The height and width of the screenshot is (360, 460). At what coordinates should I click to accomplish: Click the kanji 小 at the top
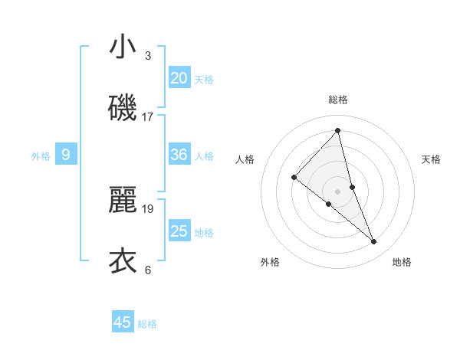click(x=123, y=47)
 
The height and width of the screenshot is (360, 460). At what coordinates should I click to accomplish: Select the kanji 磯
click(x=123, y=108)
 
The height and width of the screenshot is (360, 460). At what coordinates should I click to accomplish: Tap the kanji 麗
click(x=123, y=200)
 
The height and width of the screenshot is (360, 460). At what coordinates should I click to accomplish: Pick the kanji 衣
click(x=123, y=260)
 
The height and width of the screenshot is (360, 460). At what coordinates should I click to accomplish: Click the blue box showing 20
click(x=179, y=77)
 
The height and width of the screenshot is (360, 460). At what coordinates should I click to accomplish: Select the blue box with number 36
click(x=179, y=155)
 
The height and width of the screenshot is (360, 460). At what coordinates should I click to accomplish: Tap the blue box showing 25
click(x=179, y=231)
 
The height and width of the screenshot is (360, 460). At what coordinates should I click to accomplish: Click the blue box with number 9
click(x=66, y=155)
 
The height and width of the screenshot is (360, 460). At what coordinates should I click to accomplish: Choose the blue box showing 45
click(x=123, y=322)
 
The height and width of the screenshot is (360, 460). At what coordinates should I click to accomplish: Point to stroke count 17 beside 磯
click(x=148, y=117)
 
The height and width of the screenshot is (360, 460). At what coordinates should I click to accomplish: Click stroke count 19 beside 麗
click(x=148, y=208)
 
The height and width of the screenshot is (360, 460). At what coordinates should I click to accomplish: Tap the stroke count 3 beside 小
click(x=148, y=56)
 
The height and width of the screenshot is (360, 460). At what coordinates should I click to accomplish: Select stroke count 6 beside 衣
click(x=148, y=270)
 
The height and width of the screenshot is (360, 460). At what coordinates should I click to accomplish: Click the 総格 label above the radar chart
click(x=338, y=100)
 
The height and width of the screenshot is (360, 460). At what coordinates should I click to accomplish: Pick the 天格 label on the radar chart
click(x=431, y=159)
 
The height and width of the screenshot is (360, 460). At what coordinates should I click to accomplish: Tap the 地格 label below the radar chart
click(x=402, y=262)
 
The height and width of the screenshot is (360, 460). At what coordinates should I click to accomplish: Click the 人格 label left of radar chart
click(x=245, y=159)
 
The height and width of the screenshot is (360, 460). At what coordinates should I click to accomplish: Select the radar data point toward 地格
click(x=374, y=241)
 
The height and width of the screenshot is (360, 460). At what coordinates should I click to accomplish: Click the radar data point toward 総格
click(x=338, y=131)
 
